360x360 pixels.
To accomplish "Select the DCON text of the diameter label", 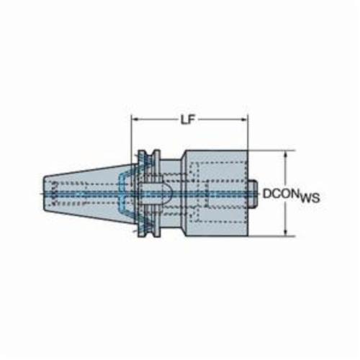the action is tap(281, 194).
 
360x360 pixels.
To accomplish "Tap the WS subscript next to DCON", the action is tap(310, 198).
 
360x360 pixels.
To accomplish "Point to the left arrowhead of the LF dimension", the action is tap(135, 120).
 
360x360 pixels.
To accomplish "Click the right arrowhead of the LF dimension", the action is tap(244, 120).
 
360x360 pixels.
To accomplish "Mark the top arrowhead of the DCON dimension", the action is tap(285, 154).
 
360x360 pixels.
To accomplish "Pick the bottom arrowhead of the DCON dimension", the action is tap(285, 233).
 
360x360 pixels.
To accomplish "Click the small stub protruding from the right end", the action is tap(253, 194).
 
